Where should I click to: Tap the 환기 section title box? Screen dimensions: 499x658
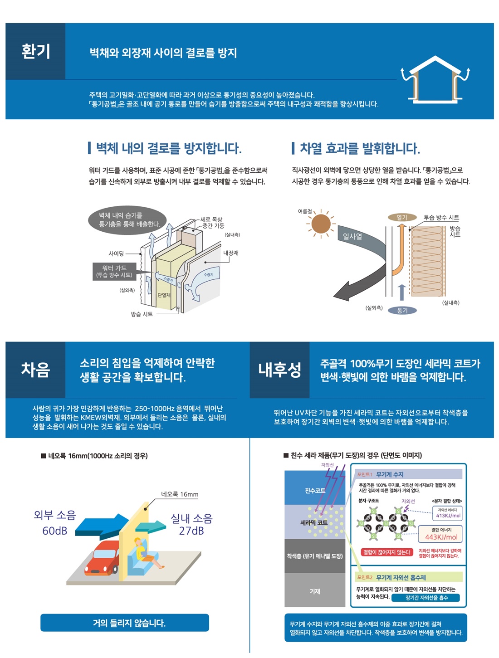coord(35,51)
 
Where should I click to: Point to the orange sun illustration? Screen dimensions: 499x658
coord(321,224)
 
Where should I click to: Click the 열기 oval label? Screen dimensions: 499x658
coord(402,217)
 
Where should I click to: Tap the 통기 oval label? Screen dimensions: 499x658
coord(402,310)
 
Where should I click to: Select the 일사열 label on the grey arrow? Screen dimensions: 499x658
coord(352,237)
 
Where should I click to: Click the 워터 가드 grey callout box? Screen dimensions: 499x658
coord(114,271)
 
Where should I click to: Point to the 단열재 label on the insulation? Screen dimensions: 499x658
coord(164,295)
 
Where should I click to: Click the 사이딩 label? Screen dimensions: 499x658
coord(116,253)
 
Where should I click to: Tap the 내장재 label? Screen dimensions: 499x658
coord(230,253)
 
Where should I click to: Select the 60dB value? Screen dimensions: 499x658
coord(54,531)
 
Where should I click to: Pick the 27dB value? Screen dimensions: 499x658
coord(191,531)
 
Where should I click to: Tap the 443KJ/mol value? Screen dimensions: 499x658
coord(441,537)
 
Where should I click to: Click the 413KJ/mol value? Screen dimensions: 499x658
coord(448,515)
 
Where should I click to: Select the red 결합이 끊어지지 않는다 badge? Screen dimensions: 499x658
coord(387,552)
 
